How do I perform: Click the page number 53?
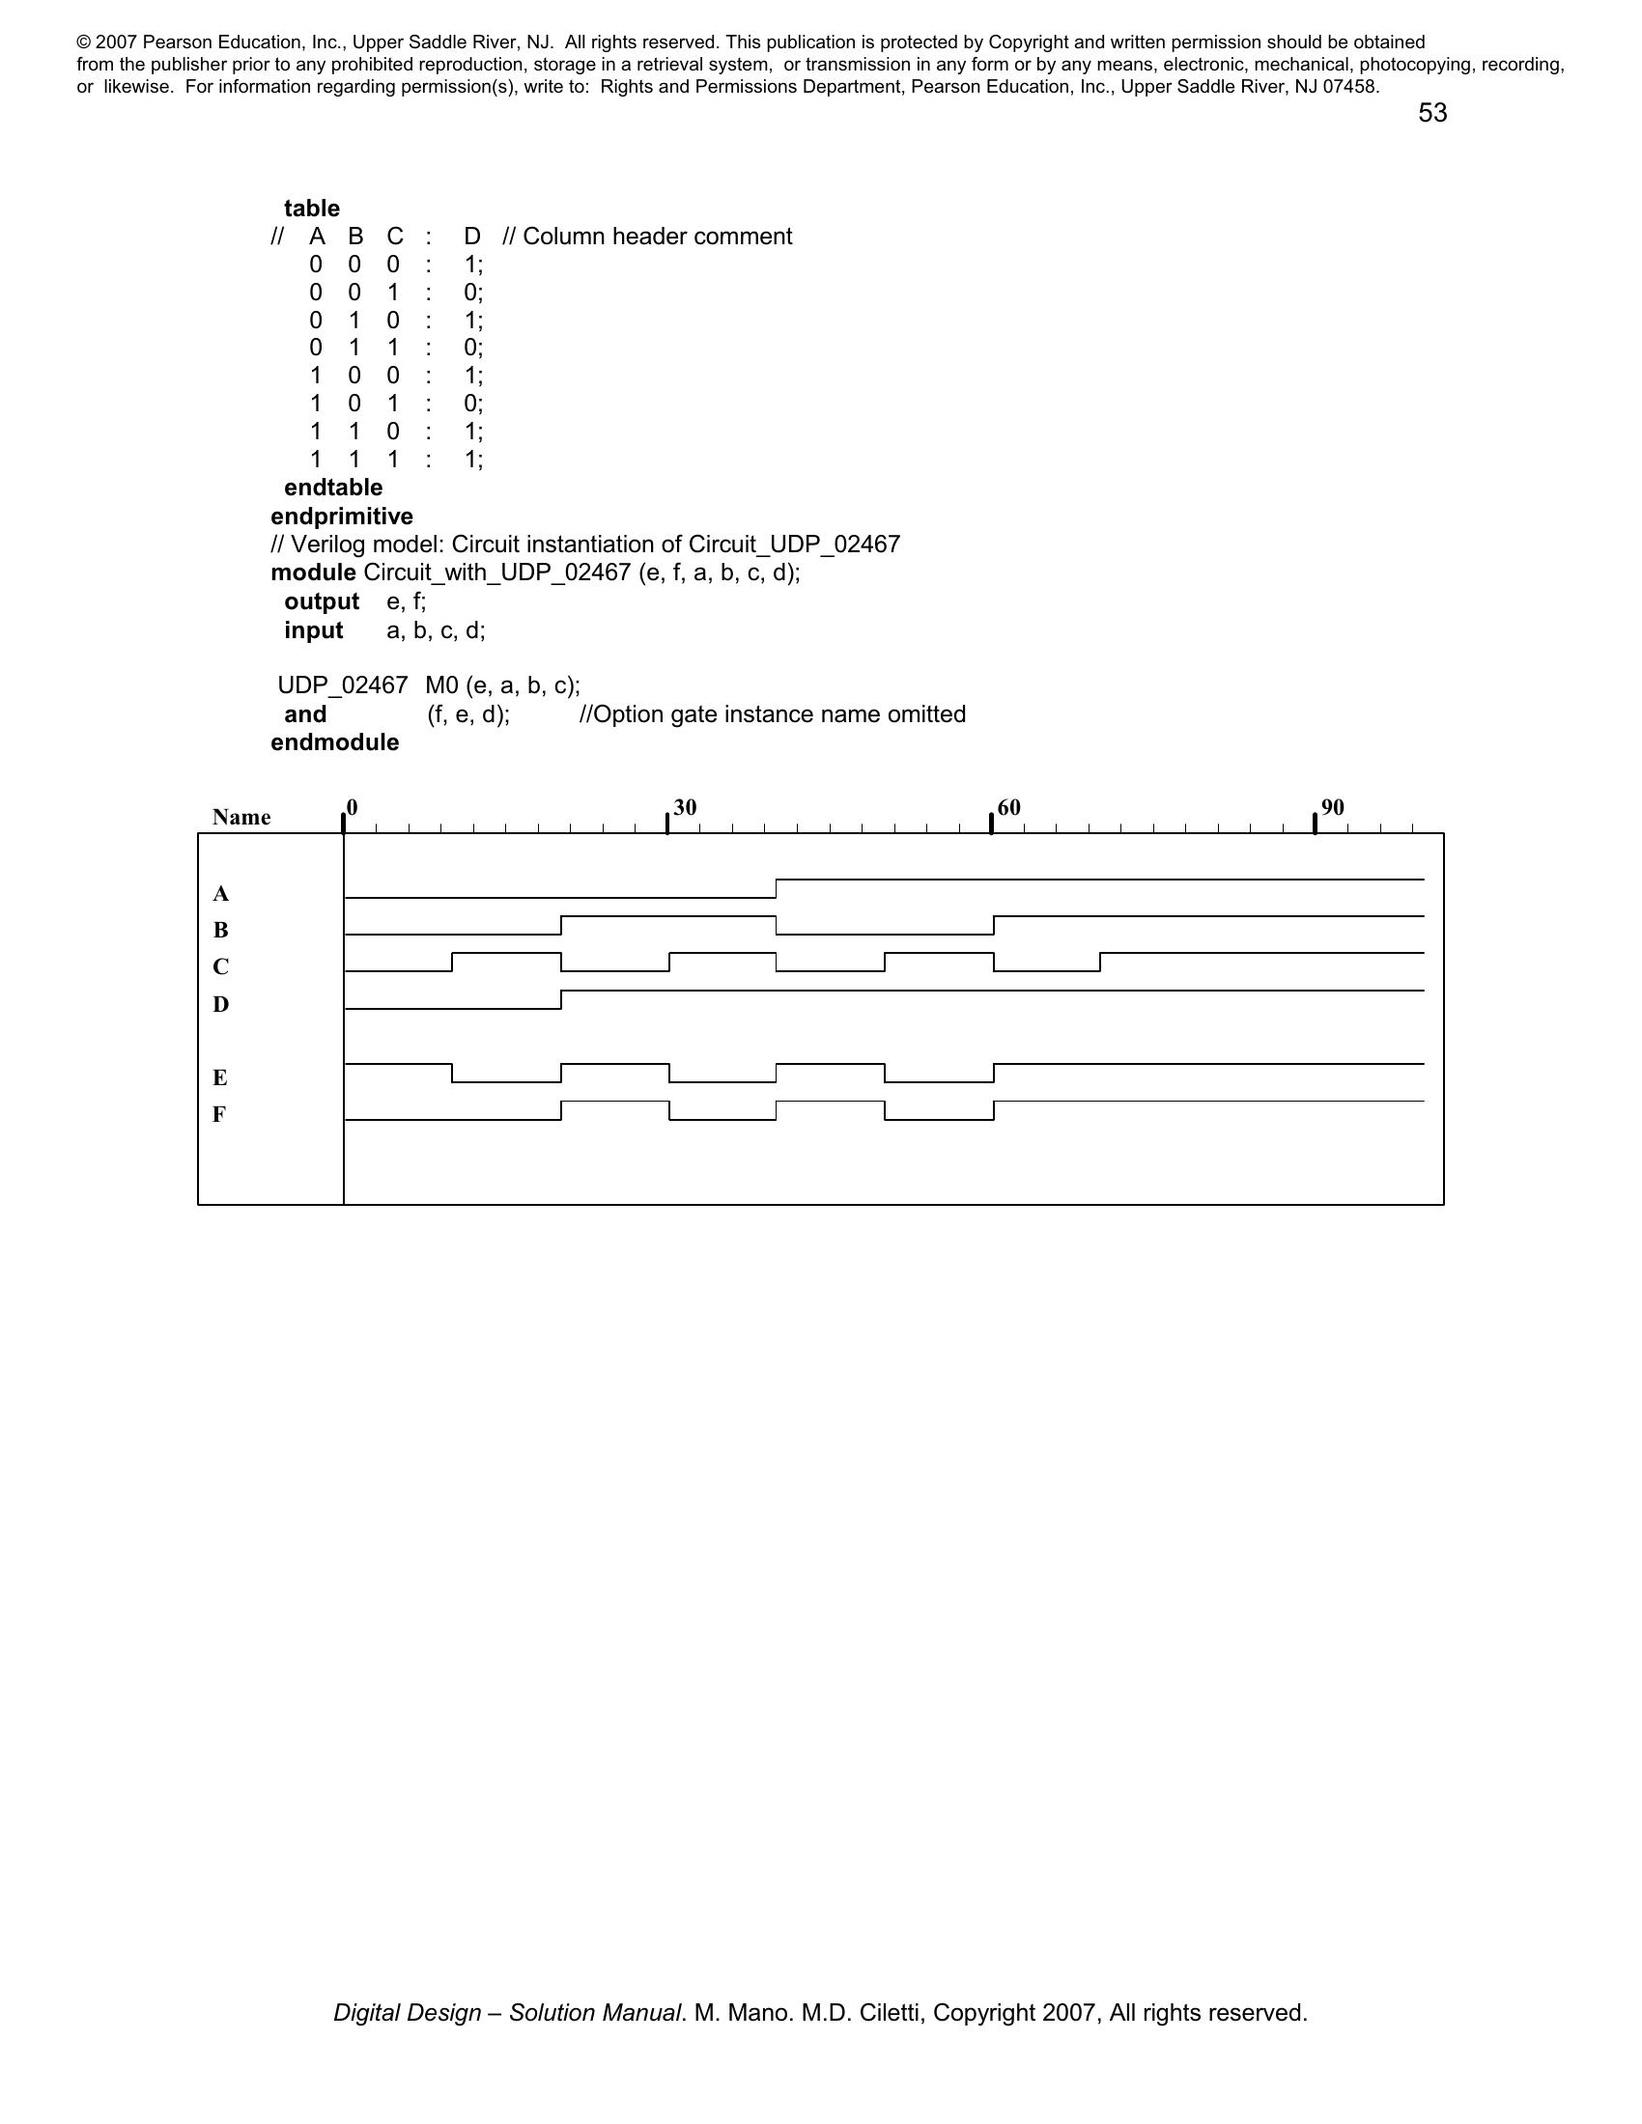click(x=1431, y=114)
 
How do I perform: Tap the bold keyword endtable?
click(x=332, y=488)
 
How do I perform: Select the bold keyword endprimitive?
click(x=341, y=517)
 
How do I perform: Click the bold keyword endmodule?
click(x=334, y=743)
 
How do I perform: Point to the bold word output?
click(x=321, y=602)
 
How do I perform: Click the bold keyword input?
click(x=313, y=631)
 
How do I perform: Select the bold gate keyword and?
click(x=304, y=714)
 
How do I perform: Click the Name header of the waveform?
click(x=241, y=818)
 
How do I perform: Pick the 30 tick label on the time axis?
click(x=685, y=807)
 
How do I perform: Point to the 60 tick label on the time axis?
click(x=1008, y=807)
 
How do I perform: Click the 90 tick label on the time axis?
click(x=1333, y=807)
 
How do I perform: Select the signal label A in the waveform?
click(x=221, y=894)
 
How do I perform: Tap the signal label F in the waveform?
click(x=220, y=1114)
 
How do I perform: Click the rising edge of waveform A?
click(x=777, y=888)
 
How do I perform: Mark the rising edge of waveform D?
click(x=561, y=1000)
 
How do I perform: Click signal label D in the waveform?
click(x=221, y=1005)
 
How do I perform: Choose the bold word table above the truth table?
click(x=311, y=210)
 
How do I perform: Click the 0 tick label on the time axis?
click(x=353, y=807)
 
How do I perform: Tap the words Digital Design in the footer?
click(x=407, y=2013)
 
